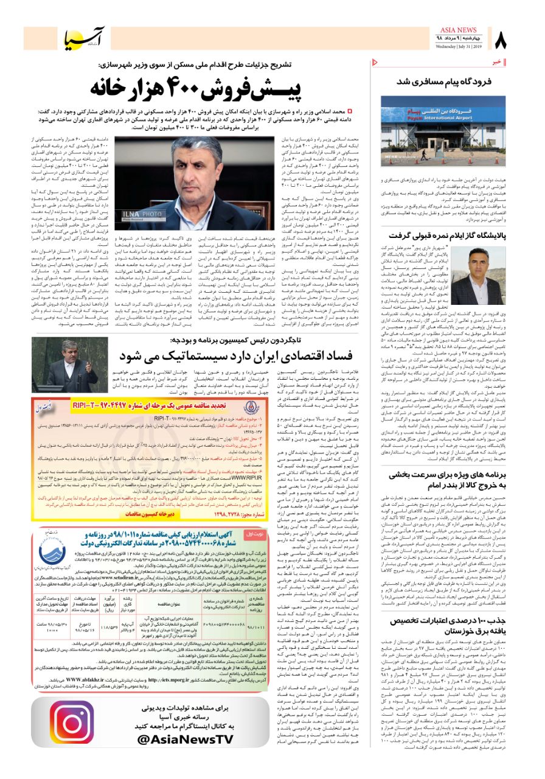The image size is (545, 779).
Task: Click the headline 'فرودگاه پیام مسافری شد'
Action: (x=445, y=80)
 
